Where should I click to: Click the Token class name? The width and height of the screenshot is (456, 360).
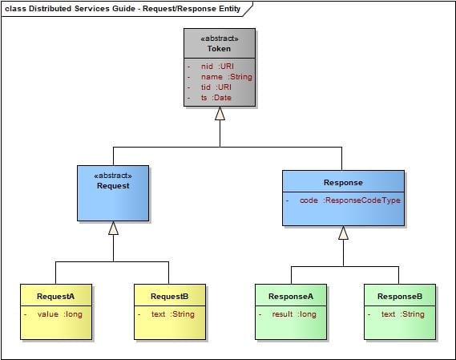pyautogui.click(x=219, y=49)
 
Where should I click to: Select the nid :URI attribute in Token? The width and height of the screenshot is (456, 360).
pyautogui.click(x=217, y=67)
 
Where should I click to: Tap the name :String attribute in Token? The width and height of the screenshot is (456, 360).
pyautogui.click(x=227, y=77)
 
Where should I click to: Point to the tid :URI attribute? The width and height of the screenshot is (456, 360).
pyautogui.click(x=216, y=87)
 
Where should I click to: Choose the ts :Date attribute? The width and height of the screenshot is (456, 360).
pyautogui.click(x=216, y=98)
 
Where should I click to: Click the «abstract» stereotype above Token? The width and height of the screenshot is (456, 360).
pyautogui.click(x=220, y=38)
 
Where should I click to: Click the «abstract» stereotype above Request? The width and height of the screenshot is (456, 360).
pyautogui.click(x=113, y=176)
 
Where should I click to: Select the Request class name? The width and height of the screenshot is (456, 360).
pyautogui.click(x=113, y=186)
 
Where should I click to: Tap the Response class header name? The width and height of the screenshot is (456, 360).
pyautogui.click(x=343, y=183)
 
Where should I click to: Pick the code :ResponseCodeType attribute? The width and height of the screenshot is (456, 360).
pyautogui.click(x=350, y=200)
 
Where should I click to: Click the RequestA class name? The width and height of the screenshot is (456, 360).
pyautogui.click(x=55, y=297)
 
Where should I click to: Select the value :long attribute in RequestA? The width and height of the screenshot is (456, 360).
pyautogui.click(x=59, y=314)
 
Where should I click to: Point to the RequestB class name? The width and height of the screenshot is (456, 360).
pyautogui.click(x=170, y=297)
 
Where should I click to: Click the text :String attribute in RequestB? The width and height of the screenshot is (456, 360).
pyautogui.click(x=173, y=314)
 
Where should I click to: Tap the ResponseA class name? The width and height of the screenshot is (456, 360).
pyautogui.click(x=291, y=297)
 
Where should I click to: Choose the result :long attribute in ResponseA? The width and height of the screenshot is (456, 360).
pyautogui.click(x=294, y=314)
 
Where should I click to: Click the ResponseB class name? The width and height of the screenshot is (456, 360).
pyautogui.click(x=400, y=297)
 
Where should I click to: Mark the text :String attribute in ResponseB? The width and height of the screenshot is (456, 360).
pyautogui.click(x=403, y=314)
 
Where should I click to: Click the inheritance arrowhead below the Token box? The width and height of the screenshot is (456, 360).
pyautogui.click(x=220, y=114)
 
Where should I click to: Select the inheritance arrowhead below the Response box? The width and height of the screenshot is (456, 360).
pyautogui.click(x=344, y=233)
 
